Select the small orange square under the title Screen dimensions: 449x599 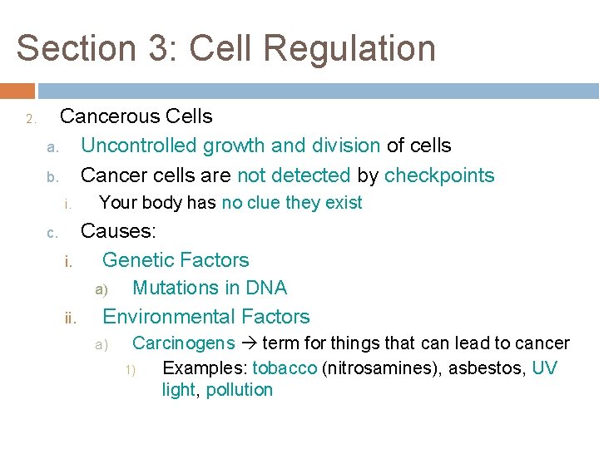pyautogui.click(x=17, y=91)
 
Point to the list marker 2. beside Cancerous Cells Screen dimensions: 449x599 pyautogui.click(x=30, y=120)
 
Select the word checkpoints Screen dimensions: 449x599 pyautogui.click(x=439, y=175)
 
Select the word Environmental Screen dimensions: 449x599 pyautogui.click(x=156, y=317)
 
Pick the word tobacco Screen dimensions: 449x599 pyautogui.click(x=285, y=368)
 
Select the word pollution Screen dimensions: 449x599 pyautogui.click(x=239, y=390)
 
